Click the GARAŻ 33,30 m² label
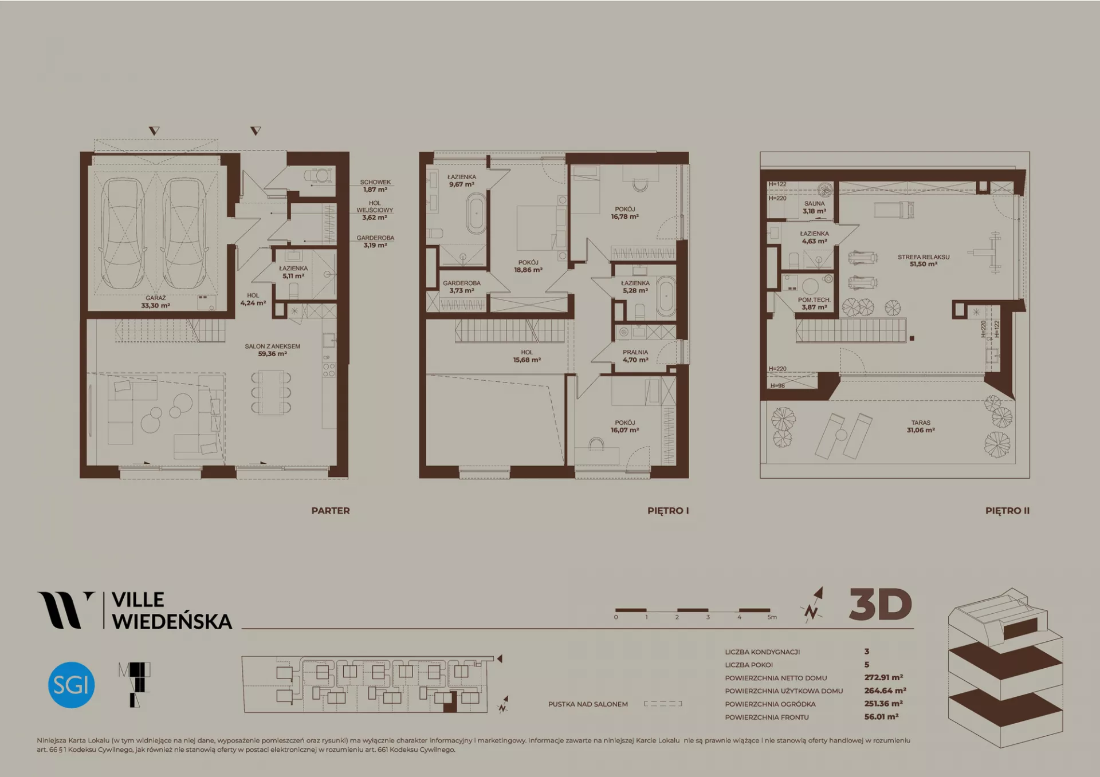[155, 302]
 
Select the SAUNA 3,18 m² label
[814, 207]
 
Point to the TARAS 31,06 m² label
[921, 427]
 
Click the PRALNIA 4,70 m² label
[635, 356]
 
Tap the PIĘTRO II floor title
[1007, 511]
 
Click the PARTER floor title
[331, 511]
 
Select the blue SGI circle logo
[71, 685]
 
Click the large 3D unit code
[881, 605]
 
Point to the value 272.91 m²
[883, 677]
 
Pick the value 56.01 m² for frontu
[881, 716]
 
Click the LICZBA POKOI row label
[749, 665]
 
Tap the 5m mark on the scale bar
[772, 617]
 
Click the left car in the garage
[123, 233]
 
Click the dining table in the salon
[271, 392]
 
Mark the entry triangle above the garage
[154, 131]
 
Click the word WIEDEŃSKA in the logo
[172, 621]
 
